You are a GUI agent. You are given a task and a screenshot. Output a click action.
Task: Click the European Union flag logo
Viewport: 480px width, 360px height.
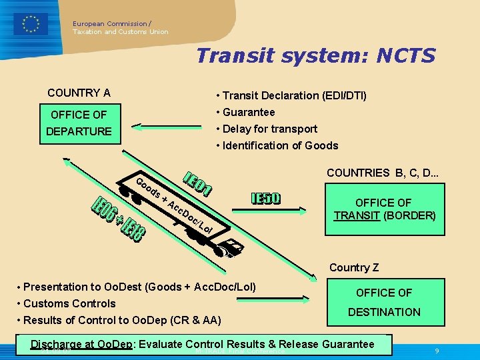tap(30, 24)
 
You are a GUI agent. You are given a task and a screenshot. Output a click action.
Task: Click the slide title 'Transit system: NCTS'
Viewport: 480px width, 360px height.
tap(315, 55)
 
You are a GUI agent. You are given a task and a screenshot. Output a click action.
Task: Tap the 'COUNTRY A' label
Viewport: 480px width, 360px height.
tap(79, 93)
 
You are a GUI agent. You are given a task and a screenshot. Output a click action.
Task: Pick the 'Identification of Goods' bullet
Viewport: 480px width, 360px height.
tap(280, 145)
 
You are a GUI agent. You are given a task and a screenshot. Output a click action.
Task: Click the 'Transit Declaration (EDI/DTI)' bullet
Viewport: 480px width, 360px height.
tap(294, 95)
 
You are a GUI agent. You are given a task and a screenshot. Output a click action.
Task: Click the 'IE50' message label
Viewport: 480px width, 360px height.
tap(266, 199)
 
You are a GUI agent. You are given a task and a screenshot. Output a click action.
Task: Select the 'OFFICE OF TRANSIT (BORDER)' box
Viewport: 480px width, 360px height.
tap(383, 209)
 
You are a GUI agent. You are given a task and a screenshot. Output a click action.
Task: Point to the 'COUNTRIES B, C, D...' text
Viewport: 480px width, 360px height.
tap(381, 173)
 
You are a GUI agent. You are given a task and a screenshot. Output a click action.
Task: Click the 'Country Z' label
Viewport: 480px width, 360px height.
tap(354, 267)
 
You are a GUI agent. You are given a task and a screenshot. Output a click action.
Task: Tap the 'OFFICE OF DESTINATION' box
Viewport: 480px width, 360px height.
tap(384, 302)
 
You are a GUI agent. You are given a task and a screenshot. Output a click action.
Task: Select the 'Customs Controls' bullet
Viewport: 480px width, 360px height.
tap(69, 303)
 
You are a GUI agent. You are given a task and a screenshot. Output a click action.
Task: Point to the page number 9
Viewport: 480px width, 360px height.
tap(436, 351)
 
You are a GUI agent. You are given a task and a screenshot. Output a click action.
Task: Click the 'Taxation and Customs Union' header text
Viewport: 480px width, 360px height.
tap(121, 32)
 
